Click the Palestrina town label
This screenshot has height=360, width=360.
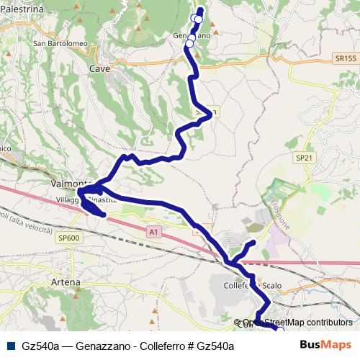pos(22,9)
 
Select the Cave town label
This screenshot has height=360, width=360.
pos(97,69)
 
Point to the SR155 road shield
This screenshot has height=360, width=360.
pos(345,58)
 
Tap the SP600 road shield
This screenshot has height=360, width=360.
pos(70,238)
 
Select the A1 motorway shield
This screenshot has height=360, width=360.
pos(153,232)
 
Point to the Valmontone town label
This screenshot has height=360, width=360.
pos(68,184)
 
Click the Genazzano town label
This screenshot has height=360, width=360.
pos(190,35)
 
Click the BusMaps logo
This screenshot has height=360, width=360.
pos(326,344)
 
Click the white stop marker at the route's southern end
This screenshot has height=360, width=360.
pos(280,330)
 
